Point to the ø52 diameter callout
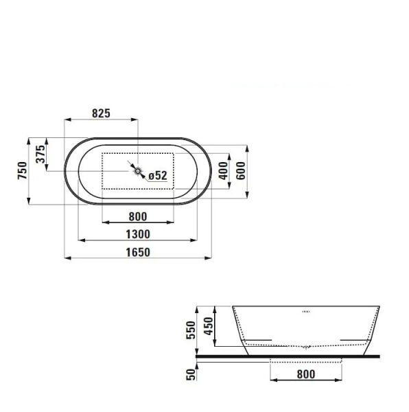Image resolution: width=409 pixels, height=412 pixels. tap(158, 176)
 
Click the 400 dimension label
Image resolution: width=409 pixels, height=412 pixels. tap(222, 170)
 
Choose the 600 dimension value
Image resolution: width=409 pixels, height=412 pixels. tap(241, 170)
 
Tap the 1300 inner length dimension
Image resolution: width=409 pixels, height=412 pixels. tap(137, 234)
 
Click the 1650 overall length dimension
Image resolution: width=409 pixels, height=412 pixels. tap(137, 252)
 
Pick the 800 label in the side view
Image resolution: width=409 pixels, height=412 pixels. tap(306, 374)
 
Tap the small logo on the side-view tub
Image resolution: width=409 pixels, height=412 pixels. tap(306, 310)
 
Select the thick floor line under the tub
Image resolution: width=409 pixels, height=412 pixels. tap(288, 356)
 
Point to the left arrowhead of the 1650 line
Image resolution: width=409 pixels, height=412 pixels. tap(67, 259)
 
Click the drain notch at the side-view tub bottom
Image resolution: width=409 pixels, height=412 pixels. tap(306, 345)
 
